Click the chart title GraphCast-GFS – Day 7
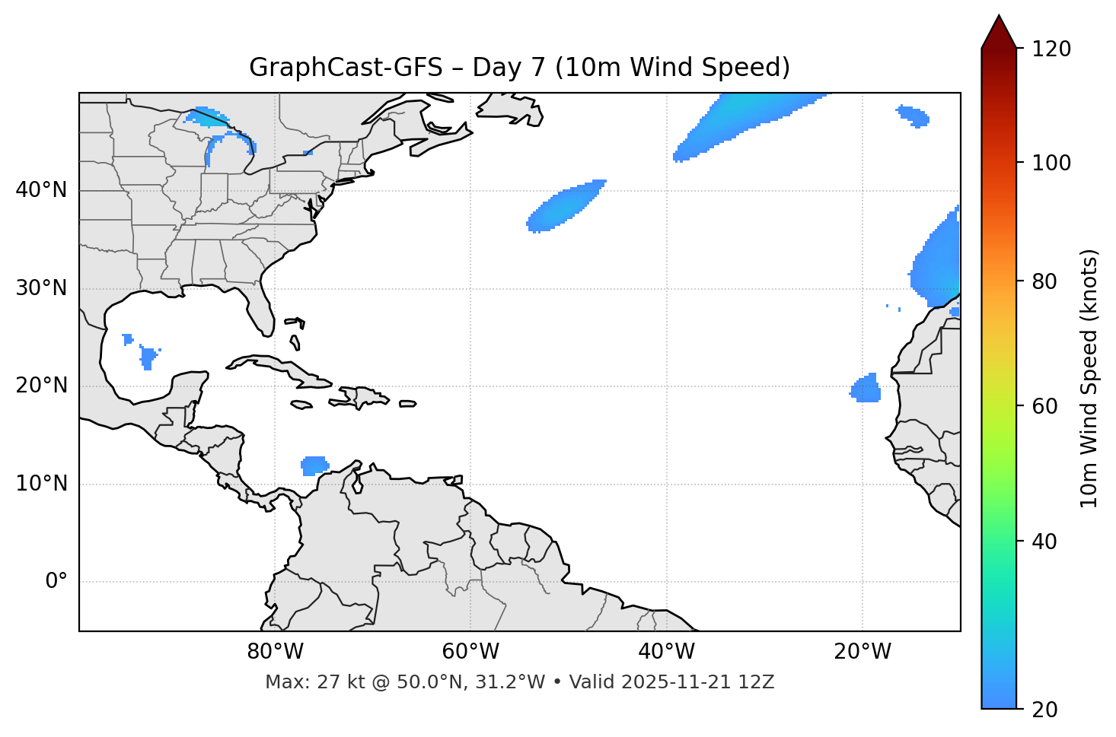coord(519,68)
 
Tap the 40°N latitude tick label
coord(42,190)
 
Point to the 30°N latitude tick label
coord(42,288)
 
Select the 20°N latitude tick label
coord(42,386)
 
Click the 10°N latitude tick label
coord(42,484)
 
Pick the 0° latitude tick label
coord(56,582)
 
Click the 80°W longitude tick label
coord(275,652)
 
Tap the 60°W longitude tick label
coord(470,652)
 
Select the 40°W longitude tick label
coord(666,652)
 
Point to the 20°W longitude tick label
coord(862,652)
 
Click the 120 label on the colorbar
coord(1051,49)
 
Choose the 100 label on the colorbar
coord(1051,163)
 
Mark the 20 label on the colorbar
coord(1045,709)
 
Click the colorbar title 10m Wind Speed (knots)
coord(1089,379)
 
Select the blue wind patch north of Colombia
coord(314,465)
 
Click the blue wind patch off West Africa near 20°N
coord(866,389)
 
